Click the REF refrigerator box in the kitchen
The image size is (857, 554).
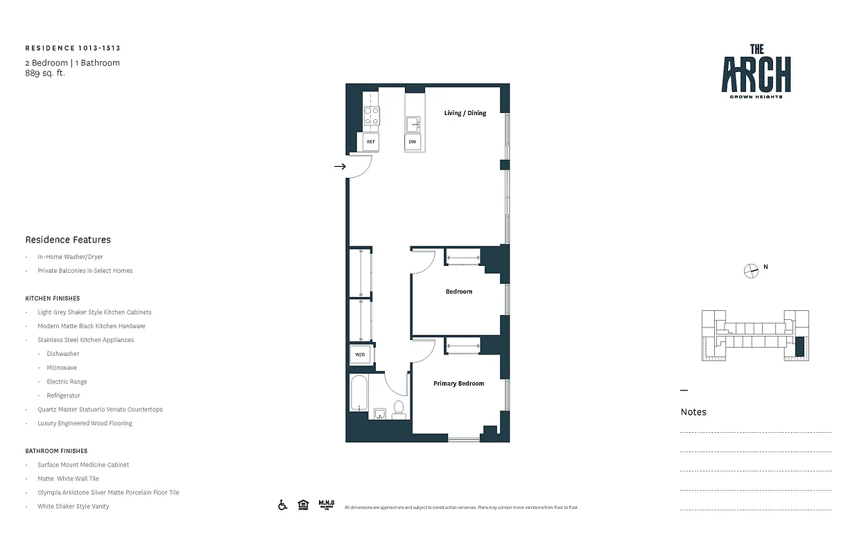pos(371,142)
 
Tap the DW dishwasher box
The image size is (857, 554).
pos(413,142)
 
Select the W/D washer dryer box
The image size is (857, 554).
pos(360,355)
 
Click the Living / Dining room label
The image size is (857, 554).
pos(465,113)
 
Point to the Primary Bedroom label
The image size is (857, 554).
pos(458,384)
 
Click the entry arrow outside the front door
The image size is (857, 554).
pos(340,167)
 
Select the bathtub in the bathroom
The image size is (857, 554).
pos(358,393)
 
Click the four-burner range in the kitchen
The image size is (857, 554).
pos(372,116)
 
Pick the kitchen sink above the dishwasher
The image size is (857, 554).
pos(413,124)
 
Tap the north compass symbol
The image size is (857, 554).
pos(751,271)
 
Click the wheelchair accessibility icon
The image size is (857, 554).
pos(283,505)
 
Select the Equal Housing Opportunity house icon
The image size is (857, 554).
pos(303,505)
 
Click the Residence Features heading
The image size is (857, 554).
pos(68,240)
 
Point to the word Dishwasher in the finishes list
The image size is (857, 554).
pos(63,354)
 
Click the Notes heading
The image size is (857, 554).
pos(693,412)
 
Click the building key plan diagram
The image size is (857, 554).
pos(754,335)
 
